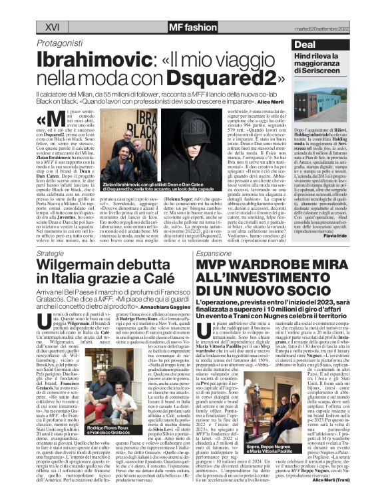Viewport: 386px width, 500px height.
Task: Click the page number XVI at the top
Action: point(53,27)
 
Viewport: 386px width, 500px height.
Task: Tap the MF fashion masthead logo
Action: point(175,27)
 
